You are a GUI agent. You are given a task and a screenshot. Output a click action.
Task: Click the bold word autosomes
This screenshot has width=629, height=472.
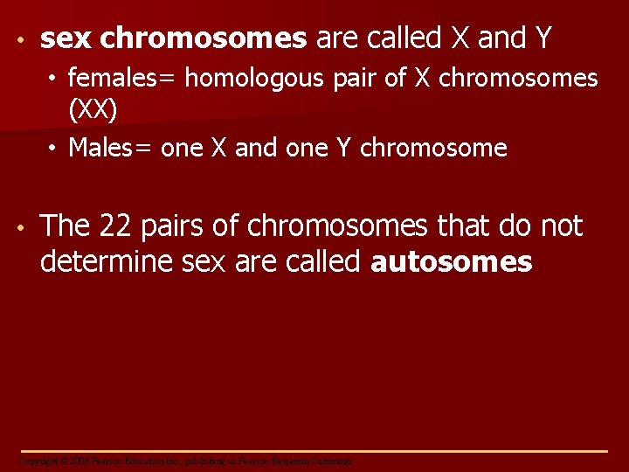(x=452, y=261)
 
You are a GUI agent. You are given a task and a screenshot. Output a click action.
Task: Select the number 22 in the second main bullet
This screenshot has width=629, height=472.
(x=114, y=226)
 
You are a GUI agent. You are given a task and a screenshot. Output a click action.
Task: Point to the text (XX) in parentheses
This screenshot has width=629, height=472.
(x=93, y=111)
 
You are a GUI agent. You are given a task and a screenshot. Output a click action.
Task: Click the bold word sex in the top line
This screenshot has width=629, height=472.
(x=66, y=38)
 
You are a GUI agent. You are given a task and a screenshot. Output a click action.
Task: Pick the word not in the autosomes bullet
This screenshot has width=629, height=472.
(x=561, y=226)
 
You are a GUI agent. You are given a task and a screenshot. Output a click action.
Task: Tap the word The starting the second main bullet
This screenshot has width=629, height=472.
(x=66, y=226)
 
